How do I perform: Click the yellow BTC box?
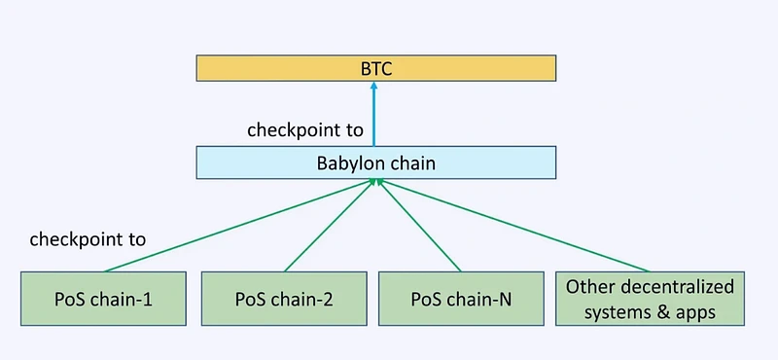coord(375,68)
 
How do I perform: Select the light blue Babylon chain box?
coord(375,162)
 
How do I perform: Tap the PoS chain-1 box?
coord(103,301)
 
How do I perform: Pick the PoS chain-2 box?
coord(284,301)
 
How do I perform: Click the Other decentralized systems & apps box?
coord(650,300)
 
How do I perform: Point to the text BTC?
coord(375,68)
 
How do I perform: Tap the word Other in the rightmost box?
coord(590,288)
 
